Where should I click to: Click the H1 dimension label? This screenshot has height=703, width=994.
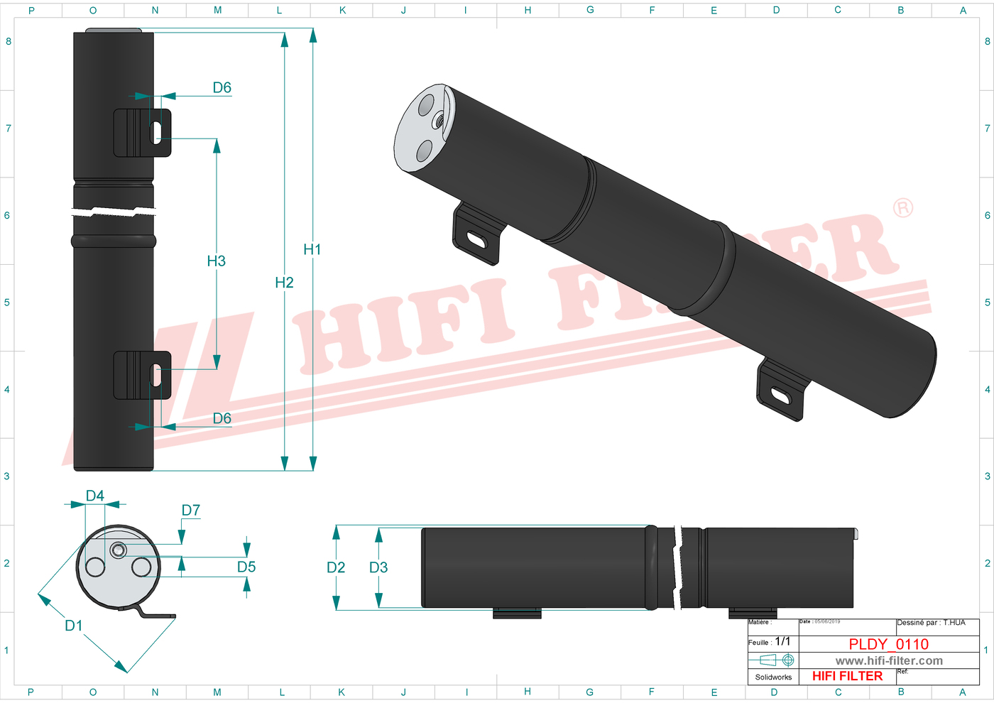tap(312, 249)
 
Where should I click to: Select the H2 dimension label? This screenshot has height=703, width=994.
tap(284, 283)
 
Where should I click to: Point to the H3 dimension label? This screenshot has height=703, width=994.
tap(217, 261)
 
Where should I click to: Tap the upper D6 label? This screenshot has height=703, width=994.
tap(222, 87)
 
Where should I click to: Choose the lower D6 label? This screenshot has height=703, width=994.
tap(222, 418)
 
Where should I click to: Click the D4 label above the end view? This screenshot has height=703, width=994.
tap(95, 496)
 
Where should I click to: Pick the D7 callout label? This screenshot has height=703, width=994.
tap(191, 510)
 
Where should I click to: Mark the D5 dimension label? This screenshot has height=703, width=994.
tap(246, 567)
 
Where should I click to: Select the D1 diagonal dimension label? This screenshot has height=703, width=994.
tap(74, 625)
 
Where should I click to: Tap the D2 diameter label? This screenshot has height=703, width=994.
tap(336, 567)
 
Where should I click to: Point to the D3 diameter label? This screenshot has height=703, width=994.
tap(378, 567)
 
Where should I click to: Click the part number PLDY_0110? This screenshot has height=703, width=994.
tap(888, 644)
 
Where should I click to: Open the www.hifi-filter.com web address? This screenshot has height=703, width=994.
tap(889, 660)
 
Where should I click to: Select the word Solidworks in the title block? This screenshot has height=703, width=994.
tap(773, 677)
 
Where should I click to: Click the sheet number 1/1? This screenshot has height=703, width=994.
tap(782, 641)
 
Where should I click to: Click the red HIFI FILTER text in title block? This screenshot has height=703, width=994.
tap(847, 676)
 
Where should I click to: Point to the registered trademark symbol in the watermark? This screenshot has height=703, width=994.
tap(902, 208)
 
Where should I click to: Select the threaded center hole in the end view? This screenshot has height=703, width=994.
tap(118, 549)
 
